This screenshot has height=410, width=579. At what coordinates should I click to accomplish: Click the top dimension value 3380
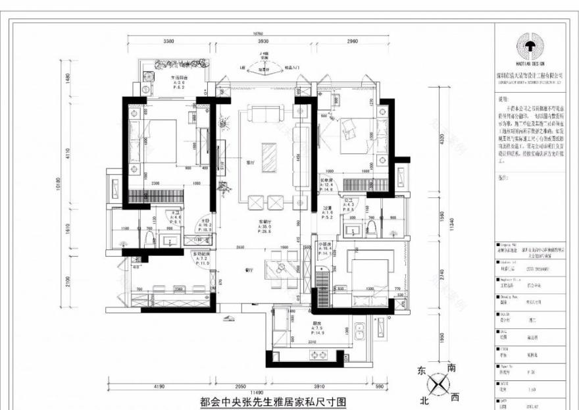(168, 41)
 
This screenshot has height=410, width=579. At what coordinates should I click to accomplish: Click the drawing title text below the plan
(272, 401)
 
